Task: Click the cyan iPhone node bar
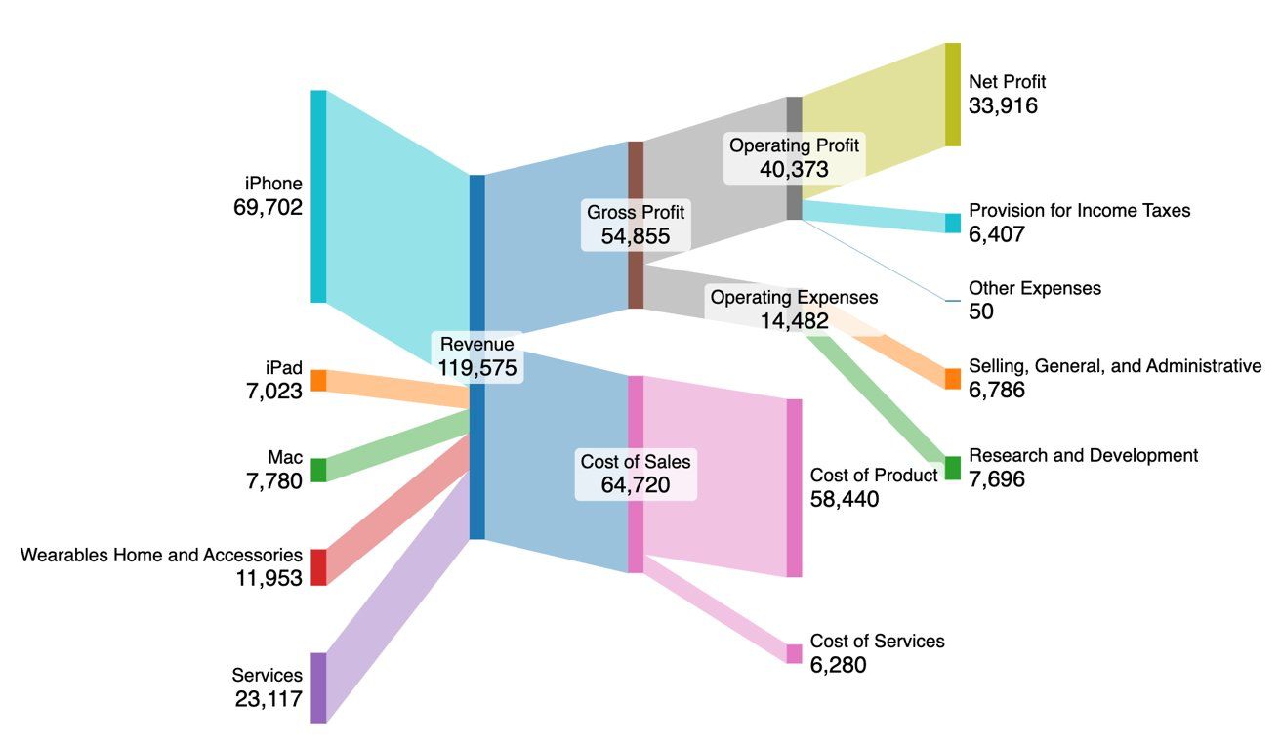point(318,195)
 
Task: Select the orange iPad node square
point(318,381)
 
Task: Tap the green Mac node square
point(318,470)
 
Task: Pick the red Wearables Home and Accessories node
point(318,566)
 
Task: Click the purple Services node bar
point(318,687)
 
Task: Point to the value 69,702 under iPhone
point(268,207)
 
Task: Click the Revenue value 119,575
point(477,367)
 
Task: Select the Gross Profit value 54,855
point(636,235)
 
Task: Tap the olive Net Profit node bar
point(953,95)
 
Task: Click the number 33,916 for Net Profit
point(1003,106)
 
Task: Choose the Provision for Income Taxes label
point(1079,210)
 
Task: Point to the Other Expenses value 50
point(981,311)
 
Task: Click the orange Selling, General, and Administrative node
point(953,378)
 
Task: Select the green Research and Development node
point(953,468)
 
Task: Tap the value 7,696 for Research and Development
point(996,479)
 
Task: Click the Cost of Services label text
point(877,642)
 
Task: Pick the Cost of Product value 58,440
point(845,499)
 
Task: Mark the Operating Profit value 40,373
point(794,169)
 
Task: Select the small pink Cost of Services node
point(794,653)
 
